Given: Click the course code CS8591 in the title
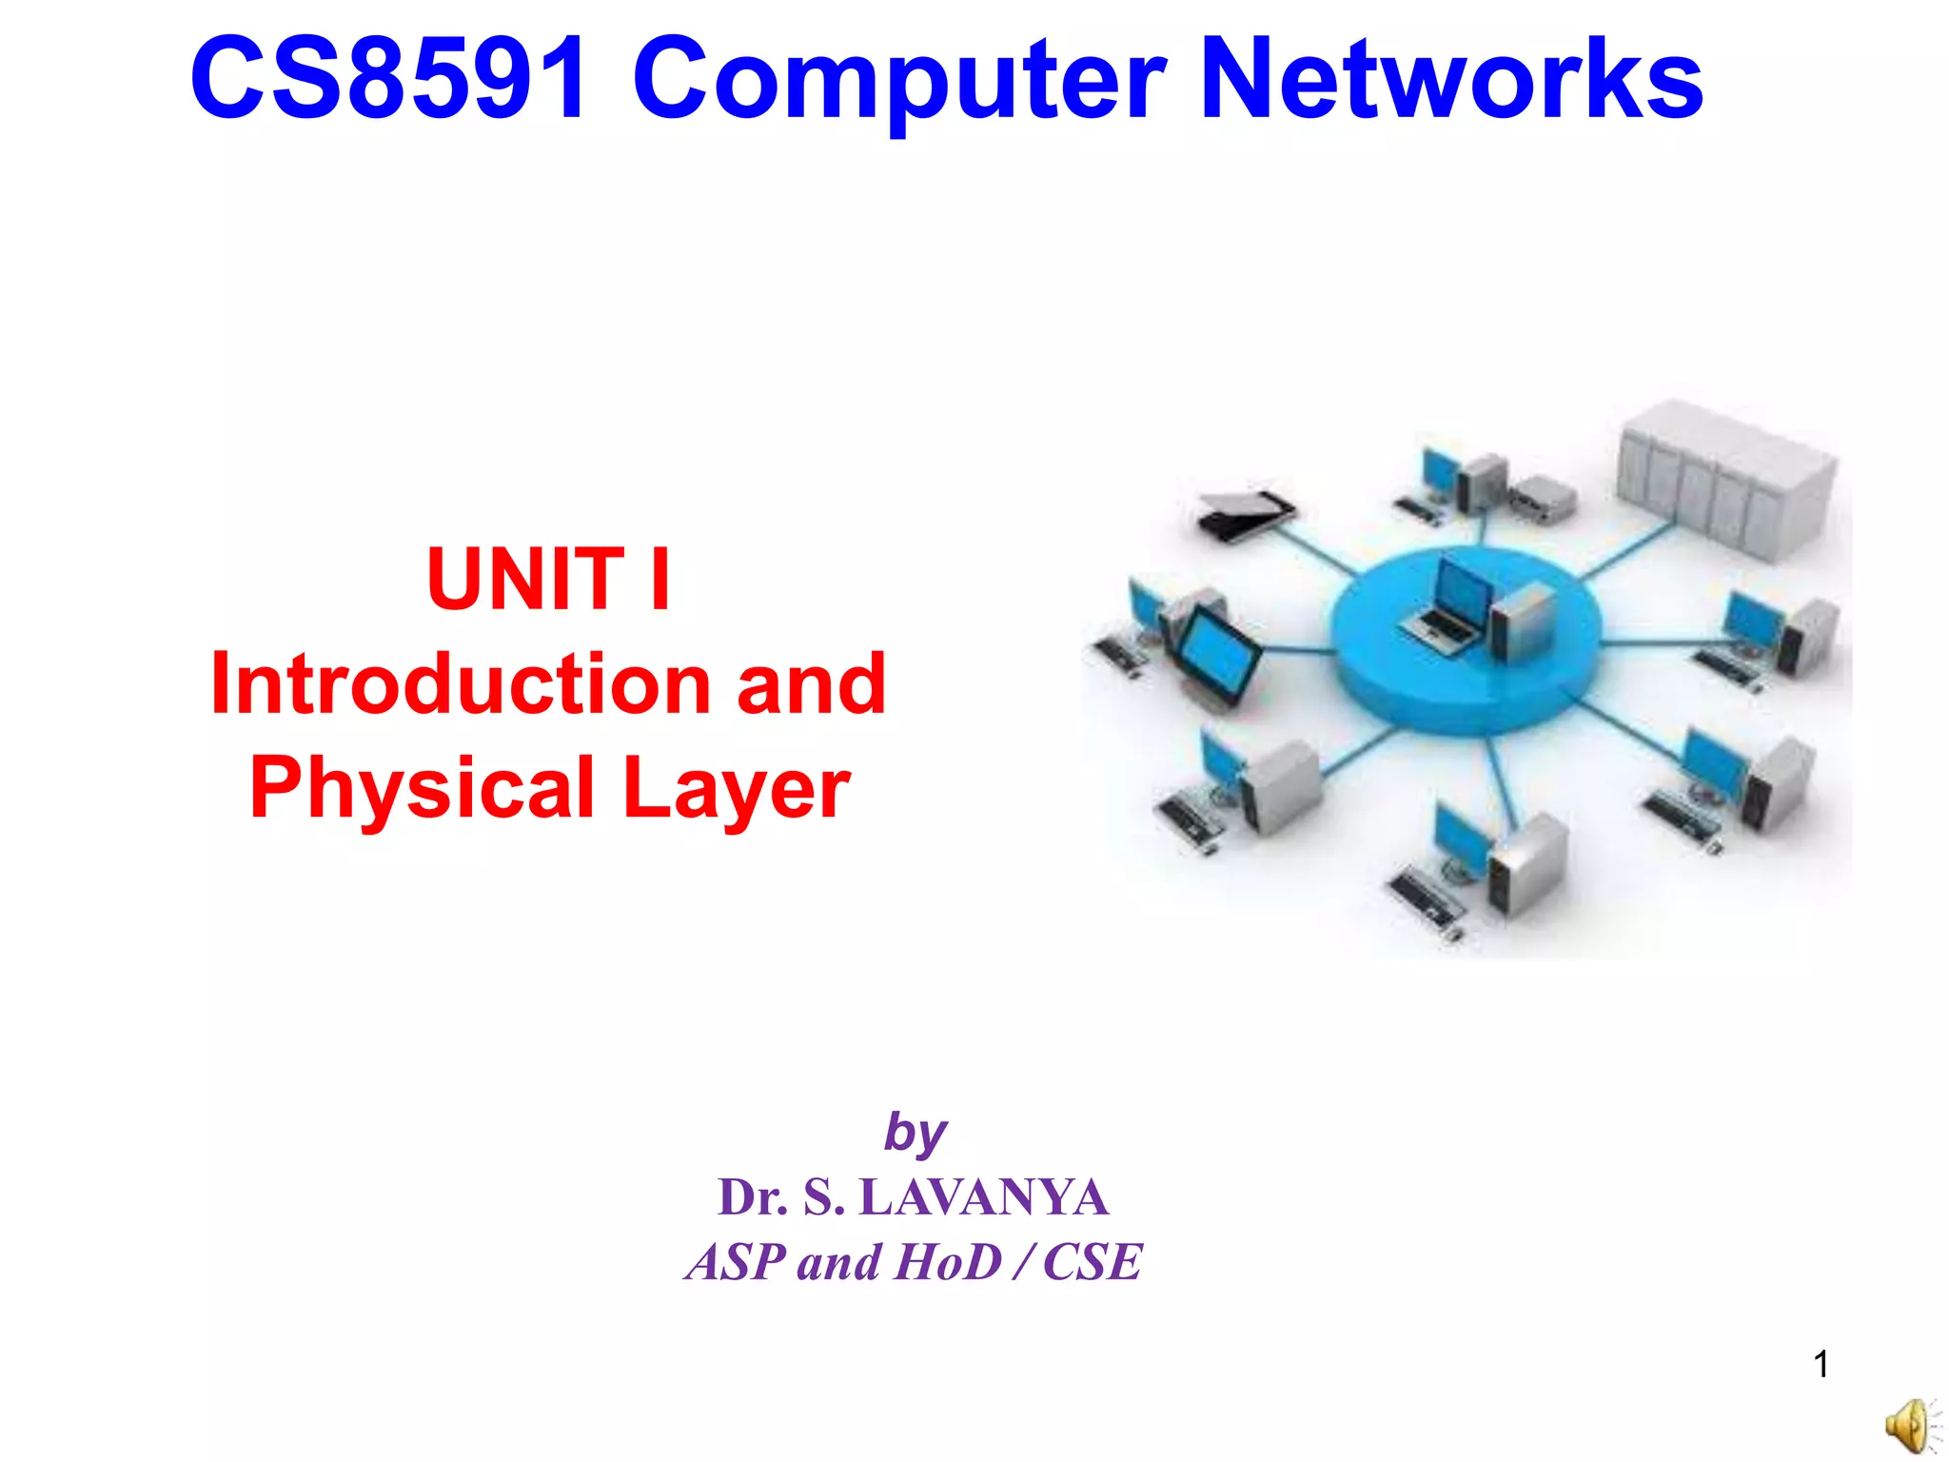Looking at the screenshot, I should pos(388,80).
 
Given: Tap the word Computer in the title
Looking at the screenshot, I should pos(898,84).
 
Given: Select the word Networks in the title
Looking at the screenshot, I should pos(1450,80).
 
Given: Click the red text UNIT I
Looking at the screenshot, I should pos(549,579).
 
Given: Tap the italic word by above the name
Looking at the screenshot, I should pos(915,1134).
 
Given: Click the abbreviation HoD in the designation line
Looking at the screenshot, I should pos(949,1262).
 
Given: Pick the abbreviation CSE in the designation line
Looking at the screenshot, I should pos(1092,1262).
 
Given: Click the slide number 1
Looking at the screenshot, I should pos(1821,1365).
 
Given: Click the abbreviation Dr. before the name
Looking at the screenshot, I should pos(752,1197).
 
